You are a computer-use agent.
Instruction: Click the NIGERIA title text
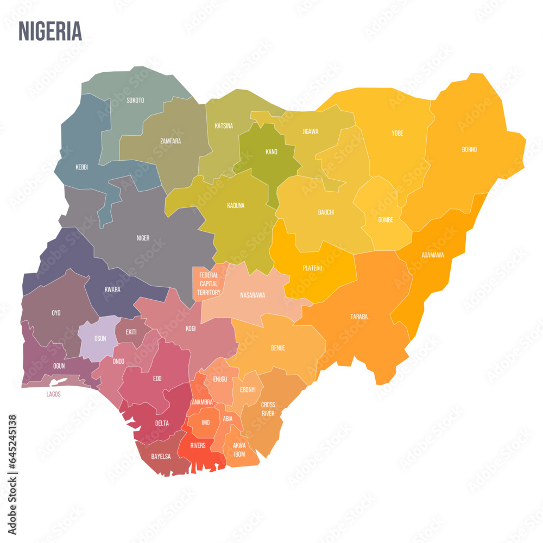pyautogui.click(x=50, y=31)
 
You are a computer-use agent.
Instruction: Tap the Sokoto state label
pyautogui.click(x=135, y=100)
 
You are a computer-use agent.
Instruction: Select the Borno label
pyautogui.click(x=469, y=149)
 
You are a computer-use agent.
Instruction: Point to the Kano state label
pyautogui.click(x=271, y=152)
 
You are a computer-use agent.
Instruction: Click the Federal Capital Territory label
pyautogui.click(x=209, y=284)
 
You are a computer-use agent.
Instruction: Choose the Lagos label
pyautogui.click(x=53, y=394)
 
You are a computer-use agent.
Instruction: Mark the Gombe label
pyautogui.click(x=386, y=220)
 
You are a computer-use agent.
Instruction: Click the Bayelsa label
pyautogui.click(x=161, y=457)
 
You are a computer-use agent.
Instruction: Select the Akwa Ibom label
pyautogui.click(x=239, y=450)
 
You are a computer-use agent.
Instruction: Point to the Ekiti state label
pyautogui.click(x=131, y=332)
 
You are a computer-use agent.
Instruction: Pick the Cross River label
pyautogui.click(x=268, y=409)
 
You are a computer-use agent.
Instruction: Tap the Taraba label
pyautogui.click(x=359, y=317)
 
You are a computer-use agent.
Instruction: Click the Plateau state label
pyautogui.click(x=313, y=268)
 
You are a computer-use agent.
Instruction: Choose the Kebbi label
pyautogui.click(x=81, y=167)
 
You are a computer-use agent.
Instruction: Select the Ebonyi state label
pyautogui.click(x=247, y=389)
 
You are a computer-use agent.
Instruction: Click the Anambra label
pyautogui.click(x=202, y=402)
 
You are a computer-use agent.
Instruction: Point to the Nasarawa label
pyautogui.click(x=252, y=295)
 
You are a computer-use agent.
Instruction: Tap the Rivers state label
pyautogui.click(x=198, y=445)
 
